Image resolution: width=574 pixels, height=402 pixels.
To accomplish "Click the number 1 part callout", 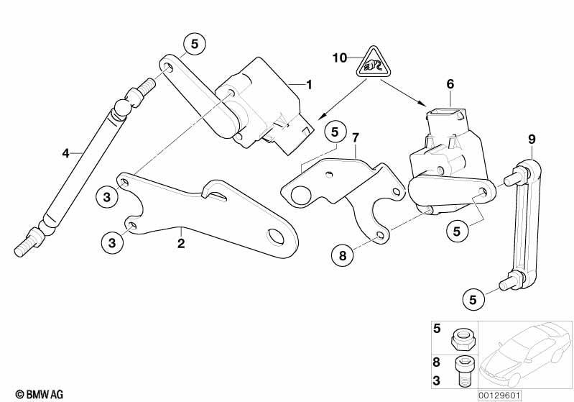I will (309, 85).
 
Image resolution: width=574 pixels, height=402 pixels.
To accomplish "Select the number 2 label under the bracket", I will (181, 243).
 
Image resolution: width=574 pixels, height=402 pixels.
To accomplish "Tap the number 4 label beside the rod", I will (65, 152).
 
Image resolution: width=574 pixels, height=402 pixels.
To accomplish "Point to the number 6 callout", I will (450, 85).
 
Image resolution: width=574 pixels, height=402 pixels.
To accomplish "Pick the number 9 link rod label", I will (532, 138).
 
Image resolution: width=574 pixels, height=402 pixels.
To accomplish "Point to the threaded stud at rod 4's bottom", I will (24, 249).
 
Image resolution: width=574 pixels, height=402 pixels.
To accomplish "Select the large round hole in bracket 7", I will (300, 194).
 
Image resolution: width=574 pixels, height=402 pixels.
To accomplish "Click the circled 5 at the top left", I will (193, 44).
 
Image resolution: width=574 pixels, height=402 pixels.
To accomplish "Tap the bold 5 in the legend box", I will (436, 329).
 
